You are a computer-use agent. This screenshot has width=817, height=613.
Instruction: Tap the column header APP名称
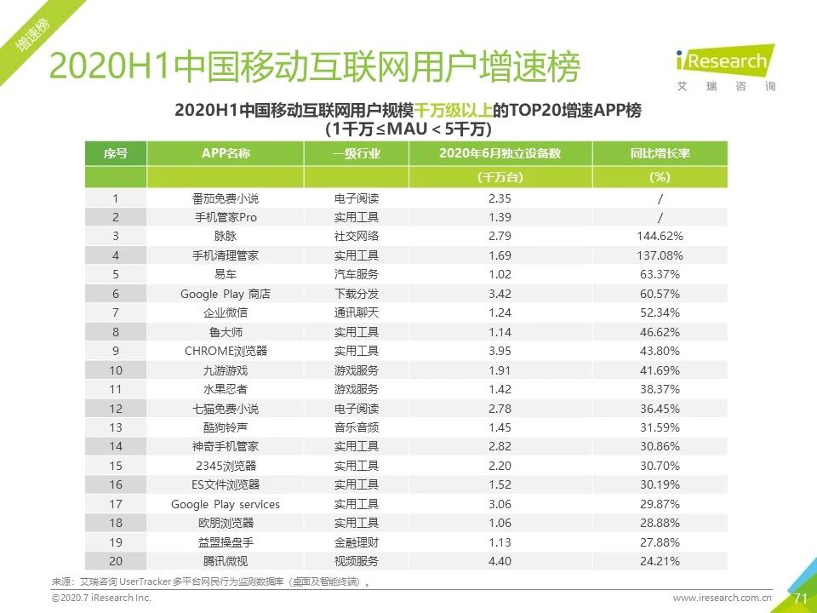226,154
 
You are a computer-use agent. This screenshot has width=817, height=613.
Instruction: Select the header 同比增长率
660,154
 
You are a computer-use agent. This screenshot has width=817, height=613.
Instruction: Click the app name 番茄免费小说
226,198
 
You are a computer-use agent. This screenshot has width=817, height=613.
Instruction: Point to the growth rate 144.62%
660,236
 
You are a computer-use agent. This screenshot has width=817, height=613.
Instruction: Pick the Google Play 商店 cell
226,294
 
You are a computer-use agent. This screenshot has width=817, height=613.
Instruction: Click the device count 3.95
499,351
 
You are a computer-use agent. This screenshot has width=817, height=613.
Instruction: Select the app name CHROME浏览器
226,351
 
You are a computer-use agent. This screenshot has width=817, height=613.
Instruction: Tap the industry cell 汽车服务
356,274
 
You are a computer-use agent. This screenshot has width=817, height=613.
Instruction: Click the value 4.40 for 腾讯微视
499,561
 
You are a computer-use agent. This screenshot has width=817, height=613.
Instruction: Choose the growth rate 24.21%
660,561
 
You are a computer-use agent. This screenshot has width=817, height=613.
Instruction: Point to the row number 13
116,427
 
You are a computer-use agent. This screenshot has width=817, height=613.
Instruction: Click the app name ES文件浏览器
226,484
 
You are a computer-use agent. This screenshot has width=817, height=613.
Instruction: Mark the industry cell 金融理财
356,542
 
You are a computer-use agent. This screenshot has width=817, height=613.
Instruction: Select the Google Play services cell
226,504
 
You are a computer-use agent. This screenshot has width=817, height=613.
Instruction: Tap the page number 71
800,599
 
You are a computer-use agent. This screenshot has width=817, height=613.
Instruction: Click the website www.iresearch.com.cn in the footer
722,599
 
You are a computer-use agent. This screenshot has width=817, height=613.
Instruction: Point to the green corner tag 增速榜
32,38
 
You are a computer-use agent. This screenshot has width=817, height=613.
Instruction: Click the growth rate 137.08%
660,255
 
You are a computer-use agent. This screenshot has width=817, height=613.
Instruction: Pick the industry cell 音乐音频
356,427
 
